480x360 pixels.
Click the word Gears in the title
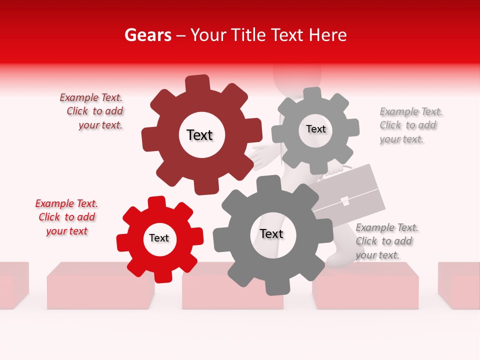[147, 35]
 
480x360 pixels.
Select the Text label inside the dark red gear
[199, 135]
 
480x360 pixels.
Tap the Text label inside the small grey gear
[315, 129]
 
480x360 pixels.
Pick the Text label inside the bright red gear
[159, 238]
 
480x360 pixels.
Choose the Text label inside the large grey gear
[271, 233]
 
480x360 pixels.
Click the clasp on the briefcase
[344, 201]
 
